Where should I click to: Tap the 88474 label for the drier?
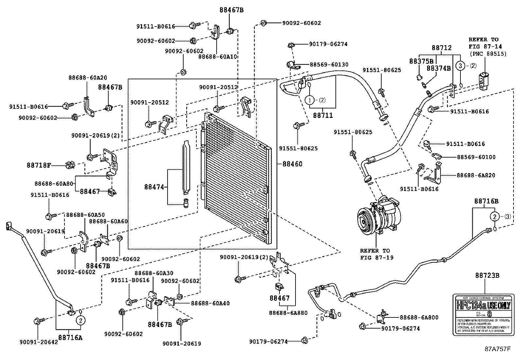[154, 187]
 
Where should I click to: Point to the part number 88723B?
[487, 275]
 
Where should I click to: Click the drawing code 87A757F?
[497, 349]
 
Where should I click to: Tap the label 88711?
[323, 115]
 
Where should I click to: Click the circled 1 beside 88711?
[310, 100]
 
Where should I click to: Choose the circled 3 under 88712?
[460, 66]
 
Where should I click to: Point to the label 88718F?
[39, 165]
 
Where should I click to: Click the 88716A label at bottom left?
[70, 337]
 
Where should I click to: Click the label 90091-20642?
[38, 342]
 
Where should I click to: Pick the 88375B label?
[421, 61]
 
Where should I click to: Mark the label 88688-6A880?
[288, 313]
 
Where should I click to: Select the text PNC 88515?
[488, 54]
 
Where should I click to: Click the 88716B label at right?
[487, 201]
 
